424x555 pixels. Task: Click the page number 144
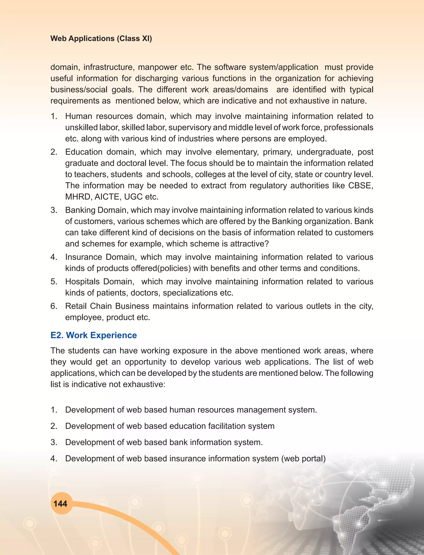60,504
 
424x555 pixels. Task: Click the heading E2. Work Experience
93,335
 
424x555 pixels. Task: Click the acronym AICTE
107,197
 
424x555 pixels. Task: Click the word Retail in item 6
76,306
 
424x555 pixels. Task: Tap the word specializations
190,293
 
